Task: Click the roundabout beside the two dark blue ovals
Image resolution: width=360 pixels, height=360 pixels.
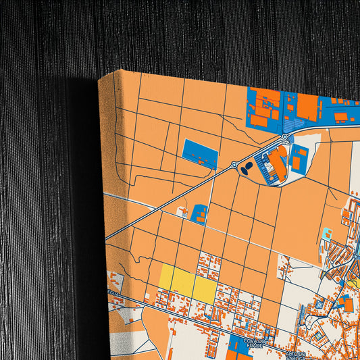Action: point(234,165)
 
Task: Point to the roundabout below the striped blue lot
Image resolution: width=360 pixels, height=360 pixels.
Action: point(284,137)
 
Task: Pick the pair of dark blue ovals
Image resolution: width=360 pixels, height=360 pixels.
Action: point(248,167)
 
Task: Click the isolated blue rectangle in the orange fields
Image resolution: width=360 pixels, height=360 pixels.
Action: point(200,155)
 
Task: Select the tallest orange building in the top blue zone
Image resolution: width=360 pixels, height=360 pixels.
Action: point(307,105)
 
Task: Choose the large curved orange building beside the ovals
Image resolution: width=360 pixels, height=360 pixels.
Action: point(276,161)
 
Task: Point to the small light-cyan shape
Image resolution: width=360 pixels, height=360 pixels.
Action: point(328,234)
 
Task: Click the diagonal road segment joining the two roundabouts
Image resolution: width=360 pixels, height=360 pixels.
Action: point(259,151)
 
